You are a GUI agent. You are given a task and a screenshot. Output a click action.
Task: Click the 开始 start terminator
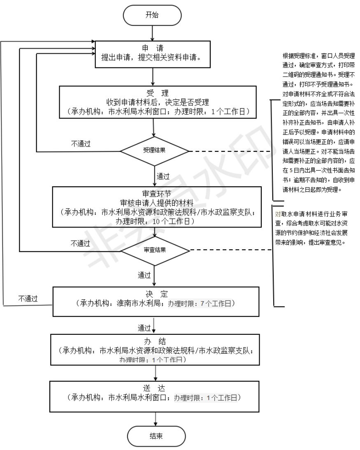point(152,16)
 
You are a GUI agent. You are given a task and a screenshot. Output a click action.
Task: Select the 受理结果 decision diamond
point(154,150)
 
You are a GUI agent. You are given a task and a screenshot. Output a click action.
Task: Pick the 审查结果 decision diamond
point(154,249)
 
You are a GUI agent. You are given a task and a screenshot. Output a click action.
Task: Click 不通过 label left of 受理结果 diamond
point(81,144)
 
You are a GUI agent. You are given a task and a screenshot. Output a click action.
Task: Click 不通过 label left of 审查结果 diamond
point(81,244)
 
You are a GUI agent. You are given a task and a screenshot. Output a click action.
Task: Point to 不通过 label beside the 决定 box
point(28,299)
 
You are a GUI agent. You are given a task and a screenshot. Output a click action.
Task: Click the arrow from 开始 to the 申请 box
point(152,32)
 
